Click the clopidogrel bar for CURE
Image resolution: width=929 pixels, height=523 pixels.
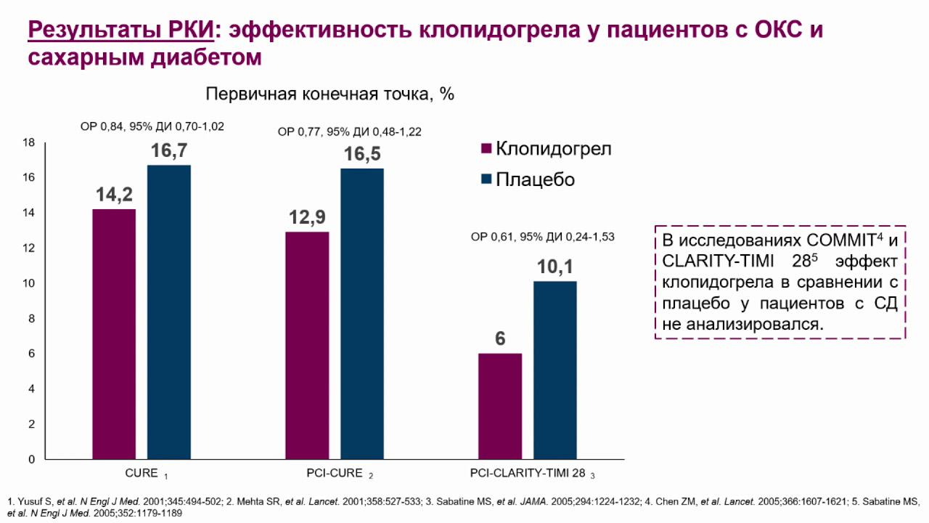(114, 334)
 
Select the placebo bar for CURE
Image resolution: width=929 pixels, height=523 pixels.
(169, 312)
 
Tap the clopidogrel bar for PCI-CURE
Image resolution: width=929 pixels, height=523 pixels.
(307, 346)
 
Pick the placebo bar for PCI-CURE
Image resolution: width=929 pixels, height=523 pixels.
(362, 314)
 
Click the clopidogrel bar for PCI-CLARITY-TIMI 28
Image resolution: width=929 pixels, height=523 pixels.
(500, 406)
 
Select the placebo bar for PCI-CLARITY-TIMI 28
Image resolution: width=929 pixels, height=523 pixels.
(555, 370)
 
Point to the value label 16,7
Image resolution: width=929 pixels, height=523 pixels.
(170, 152)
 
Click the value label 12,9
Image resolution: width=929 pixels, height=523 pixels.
(307, 218)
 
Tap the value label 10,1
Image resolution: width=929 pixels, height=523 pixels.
(555, 267)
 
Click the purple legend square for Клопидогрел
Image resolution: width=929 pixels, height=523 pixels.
(486, 149)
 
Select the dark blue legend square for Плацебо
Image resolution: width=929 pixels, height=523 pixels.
(486, 179)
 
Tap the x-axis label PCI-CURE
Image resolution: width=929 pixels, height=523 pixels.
(330, 474)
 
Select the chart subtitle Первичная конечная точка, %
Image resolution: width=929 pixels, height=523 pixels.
(330, 94)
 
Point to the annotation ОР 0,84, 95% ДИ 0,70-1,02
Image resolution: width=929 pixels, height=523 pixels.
(152, 126)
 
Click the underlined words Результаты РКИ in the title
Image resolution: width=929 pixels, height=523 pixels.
(120, 31)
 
